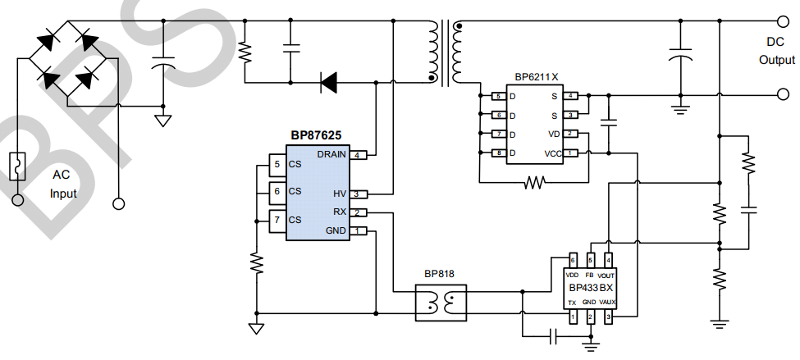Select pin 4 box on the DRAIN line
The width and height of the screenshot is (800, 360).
pos(358,154)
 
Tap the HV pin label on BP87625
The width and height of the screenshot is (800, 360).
pos(340,194)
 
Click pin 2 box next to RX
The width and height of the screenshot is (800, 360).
pos(358,212)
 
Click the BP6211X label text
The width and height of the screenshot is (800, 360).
pos(537,77)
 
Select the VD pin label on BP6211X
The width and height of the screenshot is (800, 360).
pos(555,133)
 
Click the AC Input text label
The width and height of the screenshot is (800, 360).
pos(63,185)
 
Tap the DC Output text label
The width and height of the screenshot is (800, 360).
pos(776,52)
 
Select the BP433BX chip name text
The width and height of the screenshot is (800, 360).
pos(591,288)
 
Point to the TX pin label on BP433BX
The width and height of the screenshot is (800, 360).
pos(573,303)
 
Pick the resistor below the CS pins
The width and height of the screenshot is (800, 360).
pos(256,263)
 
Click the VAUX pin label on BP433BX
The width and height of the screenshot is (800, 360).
pos(608,303)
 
